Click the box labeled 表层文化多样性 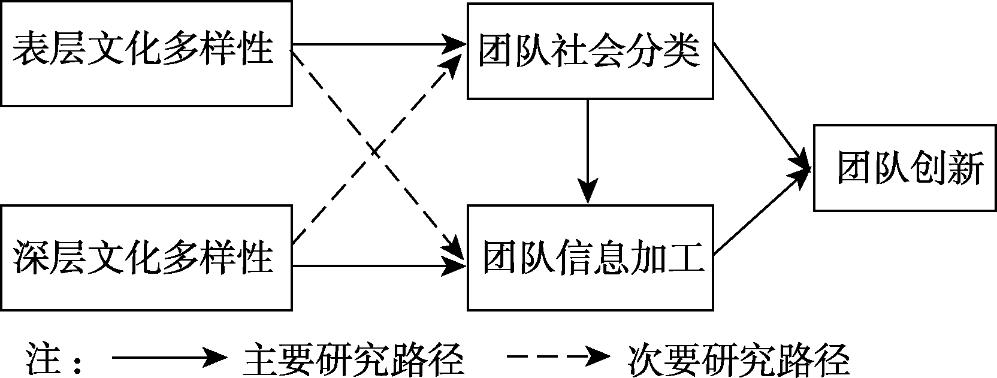146,53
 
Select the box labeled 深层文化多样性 146,258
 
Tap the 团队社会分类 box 590,50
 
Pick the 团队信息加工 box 590,258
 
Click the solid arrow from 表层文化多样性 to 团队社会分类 377,44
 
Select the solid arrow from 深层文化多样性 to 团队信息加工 377,266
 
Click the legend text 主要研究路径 354,358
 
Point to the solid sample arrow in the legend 168,358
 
